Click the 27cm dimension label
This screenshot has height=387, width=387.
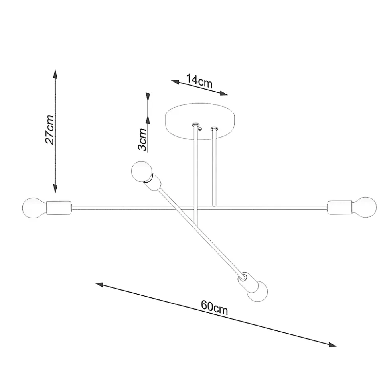(50, 130)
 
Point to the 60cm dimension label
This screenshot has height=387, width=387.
(214, 308)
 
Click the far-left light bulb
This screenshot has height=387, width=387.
(34, 208)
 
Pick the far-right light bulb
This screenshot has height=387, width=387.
(364, 207)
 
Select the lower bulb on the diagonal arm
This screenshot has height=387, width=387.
(257, 292)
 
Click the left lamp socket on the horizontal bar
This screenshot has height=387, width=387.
(59, 208)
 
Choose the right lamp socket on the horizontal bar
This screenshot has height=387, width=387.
(340, 208)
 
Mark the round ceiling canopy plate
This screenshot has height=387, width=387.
(199, 122)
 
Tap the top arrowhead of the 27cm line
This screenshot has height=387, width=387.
(55, 74)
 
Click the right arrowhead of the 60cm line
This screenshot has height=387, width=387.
(332, 344)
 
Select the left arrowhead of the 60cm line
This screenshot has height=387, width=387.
(99, 285)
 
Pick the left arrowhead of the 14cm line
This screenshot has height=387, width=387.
(175, 82)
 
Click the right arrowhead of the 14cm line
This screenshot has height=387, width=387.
(224, 93)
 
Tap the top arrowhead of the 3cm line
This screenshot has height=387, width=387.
(148, 96)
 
